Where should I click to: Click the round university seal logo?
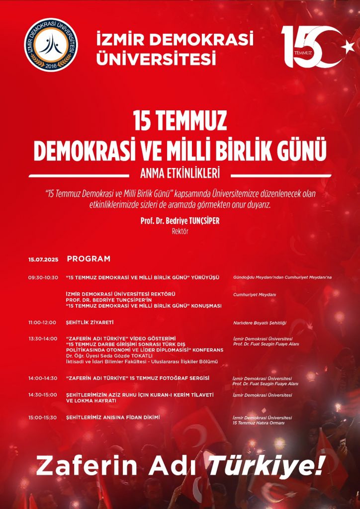tap(51, 45)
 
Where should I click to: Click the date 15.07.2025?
tap(43, 259)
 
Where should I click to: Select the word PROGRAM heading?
tap(89, 259)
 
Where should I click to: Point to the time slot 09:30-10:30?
tap(43, 277)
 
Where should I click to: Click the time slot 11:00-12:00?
tap(43, 323)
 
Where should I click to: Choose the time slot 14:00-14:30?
tap(43, 378)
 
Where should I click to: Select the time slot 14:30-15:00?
tap(43, 395)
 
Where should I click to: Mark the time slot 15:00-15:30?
tap(43, 418)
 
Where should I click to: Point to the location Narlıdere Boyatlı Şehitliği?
tap(260, 323)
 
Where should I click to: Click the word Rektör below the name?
tap(180, 231)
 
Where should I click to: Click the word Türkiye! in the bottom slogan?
tap(266, 466)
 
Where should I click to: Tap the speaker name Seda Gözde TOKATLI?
tap(128, 356)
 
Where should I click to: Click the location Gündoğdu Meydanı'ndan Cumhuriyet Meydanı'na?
tap(282, 277)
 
